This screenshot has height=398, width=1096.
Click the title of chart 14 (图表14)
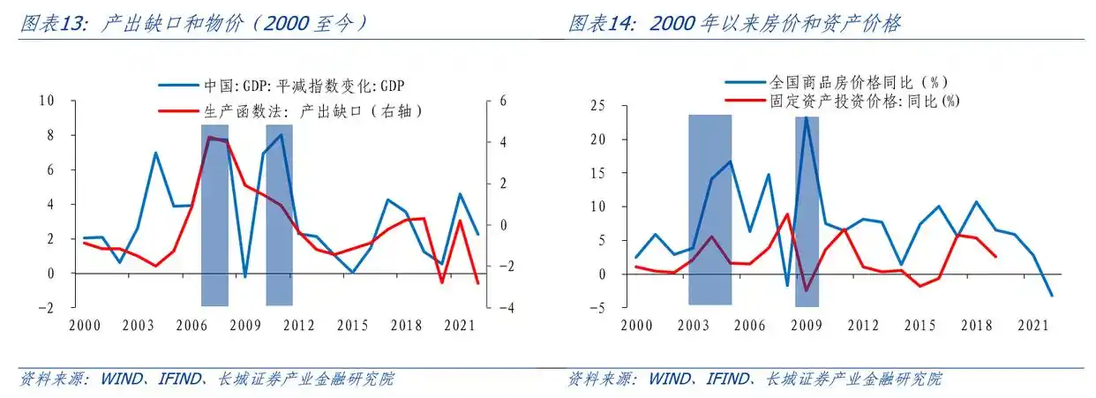tap(734, 24)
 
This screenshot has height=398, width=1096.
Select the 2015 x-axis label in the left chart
tap(353, 325)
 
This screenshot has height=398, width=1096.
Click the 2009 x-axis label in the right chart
tap(805, 325)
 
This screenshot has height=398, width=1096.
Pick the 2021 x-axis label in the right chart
tap(1031, 325)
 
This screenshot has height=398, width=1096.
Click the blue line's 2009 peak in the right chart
tap(806, 117)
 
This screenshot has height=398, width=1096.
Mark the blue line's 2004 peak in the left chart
tap(156, 153)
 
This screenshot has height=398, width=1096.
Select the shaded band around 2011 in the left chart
tap(280, 215)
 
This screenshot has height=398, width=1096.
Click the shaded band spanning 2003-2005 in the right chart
tap(709, 209)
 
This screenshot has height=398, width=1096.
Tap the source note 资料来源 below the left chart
tap(207, 379)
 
